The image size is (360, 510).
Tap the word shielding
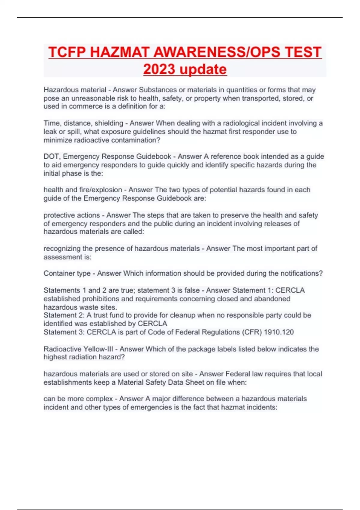(x=109, y=123)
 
